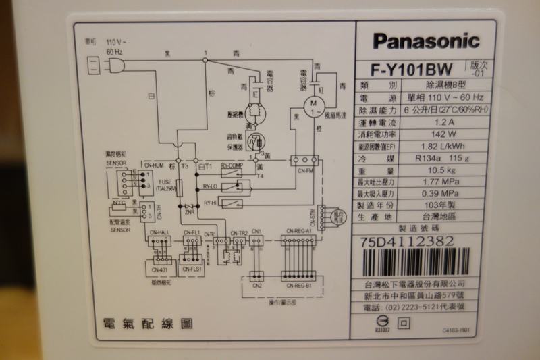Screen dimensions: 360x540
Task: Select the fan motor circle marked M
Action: click(x=313, y=103)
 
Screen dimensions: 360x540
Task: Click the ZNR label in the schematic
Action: click(x=189, y=213)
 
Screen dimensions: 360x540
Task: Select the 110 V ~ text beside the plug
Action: click(x=116, y=41)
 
